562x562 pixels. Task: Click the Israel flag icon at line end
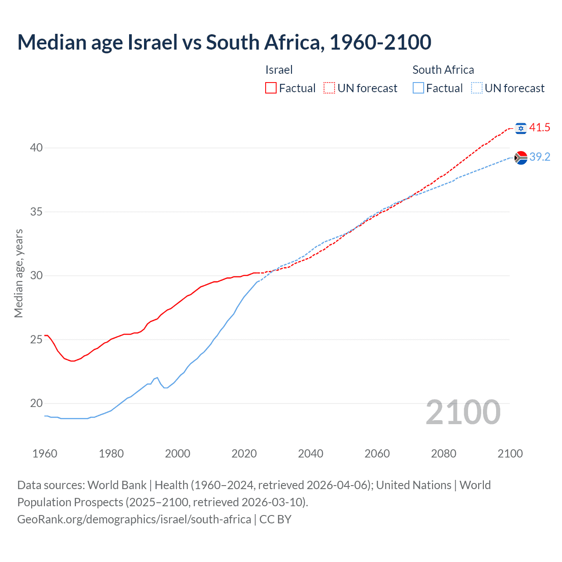click(521, 128)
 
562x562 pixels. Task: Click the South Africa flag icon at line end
click(521, 157)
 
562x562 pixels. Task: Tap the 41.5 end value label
click(540, 128)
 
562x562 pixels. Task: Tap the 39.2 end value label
click(540, 157)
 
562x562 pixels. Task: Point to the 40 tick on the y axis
click(36, 148)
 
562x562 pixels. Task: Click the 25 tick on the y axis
click(36, 339)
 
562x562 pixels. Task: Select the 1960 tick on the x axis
click(45, 454)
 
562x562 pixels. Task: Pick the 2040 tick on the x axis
click(310, 454)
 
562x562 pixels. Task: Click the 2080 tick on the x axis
click(443, 454)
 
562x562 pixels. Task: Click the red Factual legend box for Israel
click(271, 88)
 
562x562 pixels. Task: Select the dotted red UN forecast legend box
click(329, 88)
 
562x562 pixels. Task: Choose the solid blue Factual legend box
click(418, 88)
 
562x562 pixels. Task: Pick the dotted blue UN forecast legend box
click(477, 88)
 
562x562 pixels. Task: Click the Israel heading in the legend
click(279, 70)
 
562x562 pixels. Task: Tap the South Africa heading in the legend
click(443, 70)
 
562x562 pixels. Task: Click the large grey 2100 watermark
click(463, 412)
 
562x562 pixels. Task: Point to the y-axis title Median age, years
click(18, 273)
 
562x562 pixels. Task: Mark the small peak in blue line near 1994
click(157, 378)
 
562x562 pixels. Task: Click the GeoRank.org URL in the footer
click(134, 519)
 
